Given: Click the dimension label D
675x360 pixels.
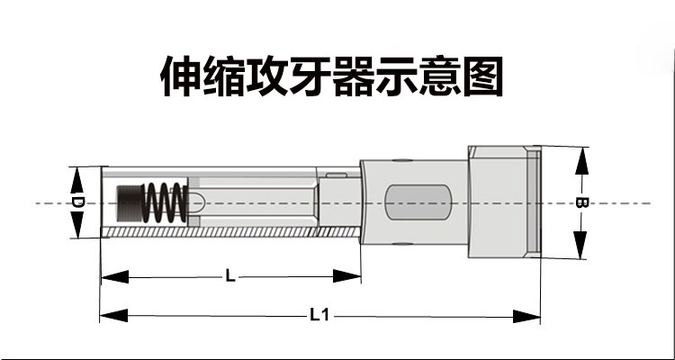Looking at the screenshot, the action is [76, 202].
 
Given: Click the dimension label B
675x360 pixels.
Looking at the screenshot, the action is [581, 202].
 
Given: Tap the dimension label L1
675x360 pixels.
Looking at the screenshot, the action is [319, 316].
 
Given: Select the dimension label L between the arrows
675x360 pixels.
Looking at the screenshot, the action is [230, 276].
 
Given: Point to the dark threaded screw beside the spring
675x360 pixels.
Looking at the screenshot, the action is [130, 202].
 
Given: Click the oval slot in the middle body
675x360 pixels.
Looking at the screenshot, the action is [418, 202].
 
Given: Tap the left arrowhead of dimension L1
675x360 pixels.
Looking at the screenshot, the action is [114, 315].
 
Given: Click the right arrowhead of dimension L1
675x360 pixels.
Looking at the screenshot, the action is [526, 317].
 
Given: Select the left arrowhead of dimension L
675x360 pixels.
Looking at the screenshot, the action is [115, 276].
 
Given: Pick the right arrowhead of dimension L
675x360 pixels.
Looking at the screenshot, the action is [347, 276].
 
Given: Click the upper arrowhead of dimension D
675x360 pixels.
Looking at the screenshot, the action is [76, 180].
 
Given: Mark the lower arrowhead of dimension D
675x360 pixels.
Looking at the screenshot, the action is [76, 224].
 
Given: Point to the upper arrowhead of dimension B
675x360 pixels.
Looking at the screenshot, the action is [582, 160].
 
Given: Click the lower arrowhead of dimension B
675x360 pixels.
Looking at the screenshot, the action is [580, 245].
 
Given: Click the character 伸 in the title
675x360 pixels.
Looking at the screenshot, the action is [181, 76].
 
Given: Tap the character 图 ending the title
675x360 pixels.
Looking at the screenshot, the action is [482, 76].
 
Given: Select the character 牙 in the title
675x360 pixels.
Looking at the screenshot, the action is [310, 76].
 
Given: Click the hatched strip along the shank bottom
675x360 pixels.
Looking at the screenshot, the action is [230, 231].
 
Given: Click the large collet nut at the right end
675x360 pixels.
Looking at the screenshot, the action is [505, 202].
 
